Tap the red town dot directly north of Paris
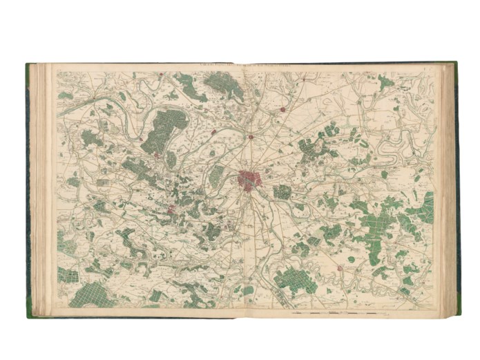coord(251,137)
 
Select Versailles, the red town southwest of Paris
coord(172,208)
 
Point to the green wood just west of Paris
coord(218,176)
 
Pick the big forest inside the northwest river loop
coord(164,130)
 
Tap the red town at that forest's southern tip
coord(157,155)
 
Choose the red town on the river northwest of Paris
coord(215,131)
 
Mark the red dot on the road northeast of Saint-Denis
coord(283,109)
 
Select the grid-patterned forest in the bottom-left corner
coord(90,294)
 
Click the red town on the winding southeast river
coord(339,268)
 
